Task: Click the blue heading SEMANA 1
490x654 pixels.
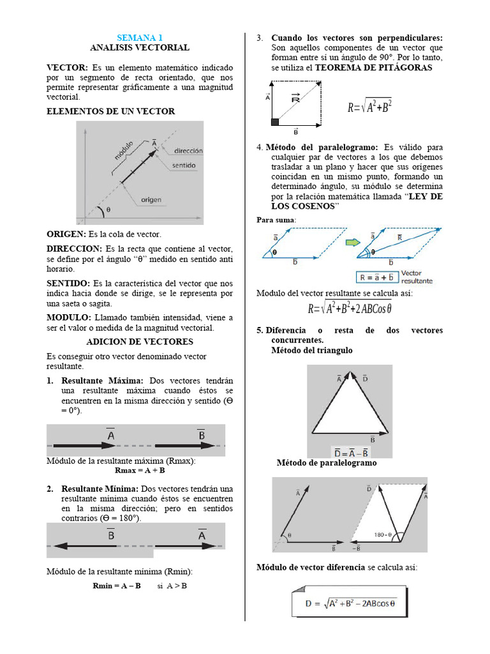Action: [139, 38]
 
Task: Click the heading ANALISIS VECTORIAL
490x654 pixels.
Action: [139, 47]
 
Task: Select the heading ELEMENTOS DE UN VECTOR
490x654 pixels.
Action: [111, 111]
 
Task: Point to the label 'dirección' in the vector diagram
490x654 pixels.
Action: [188, 151]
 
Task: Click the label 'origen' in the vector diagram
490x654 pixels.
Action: [152, 200]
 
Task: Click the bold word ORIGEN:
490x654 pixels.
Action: [66, 234]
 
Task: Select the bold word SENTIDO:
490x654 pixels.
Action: [69, 282]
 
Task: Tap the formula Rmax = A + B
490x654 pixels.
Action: [140, 470]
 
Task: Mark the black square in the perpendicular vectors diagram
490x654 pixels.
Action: [276, 121]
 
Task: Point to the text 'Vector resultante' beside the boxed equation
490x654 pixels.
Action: [417, 277]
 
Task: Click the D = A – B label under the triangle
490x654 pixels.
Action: [351, 452]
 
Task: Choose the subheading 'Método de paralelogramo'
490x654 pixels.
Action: [327, 462]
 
